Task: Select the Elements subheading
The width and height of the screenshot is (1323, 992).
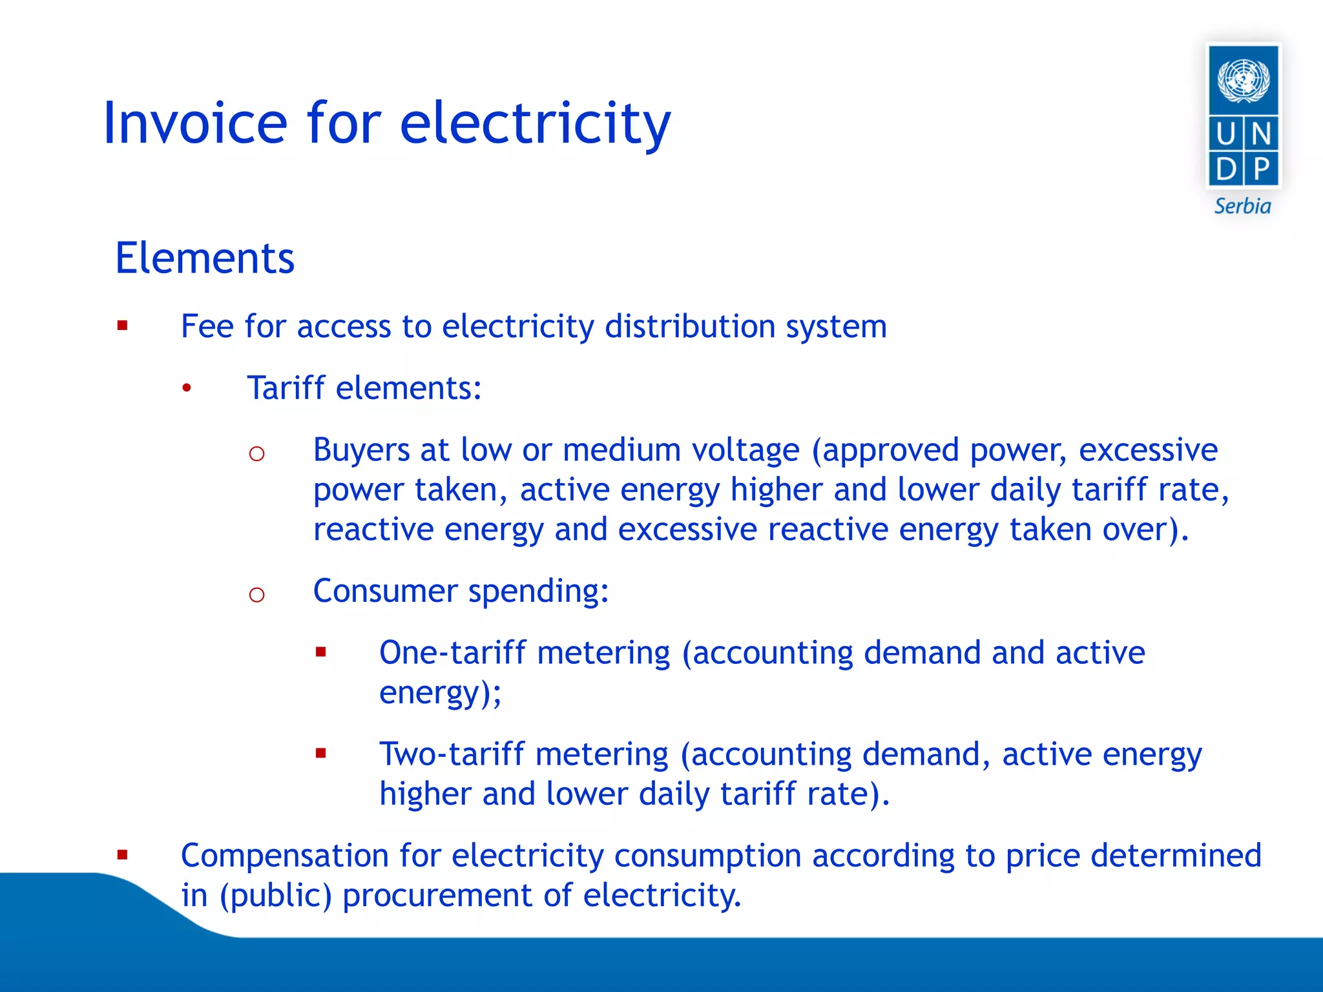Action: click(x=205, y=258)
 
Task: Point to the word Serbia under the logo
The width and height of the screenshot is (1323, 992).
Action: click(x=1242, y=207)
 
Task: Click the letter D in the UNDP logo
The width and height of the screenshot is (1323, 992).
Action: click(x=1225, y=169)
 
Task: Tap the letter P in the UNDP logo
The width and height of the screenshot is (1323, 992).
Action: click(x=1261, y=169)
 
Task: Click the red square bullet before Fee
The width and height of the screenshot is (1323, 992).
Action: click(x=123, y=325)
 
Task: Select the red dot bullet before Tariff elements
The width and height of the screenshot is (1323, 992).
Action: click(x=187, y=388)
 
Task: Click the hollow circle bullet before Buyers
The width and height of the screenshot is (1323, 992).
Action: click(x=256, y=453)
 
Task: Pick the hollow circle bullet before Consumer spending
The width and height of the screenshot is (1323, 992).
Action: click(x=256, y=594)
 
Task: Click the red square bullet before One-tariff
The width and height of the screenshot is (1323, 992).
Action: click(x=321, y=652)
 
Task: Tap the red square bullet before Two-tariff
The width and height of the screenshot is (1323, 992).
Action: click(x=321, y=753)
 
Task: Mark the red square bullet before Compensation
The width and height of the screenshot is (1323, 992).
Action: click(x=123, y=856)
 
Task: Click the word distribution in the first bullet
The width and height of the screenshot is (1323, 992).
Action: click(x=689, y=326)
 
